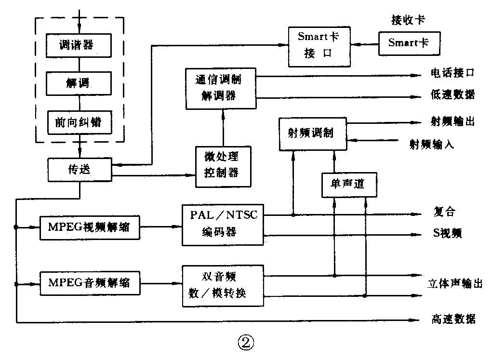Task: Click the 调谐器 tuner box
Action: click(x=79, y=45)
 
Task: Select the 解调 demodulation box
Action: click(x=79, y=83)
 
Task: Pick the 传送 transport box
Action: click(x=80, y=170)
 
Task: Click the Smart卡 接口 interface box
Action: click(x=320, y=47)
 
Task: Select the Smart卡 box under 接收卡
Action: click(x=409, y=43)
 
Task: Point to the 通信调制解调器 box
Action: click(x=221, y=87)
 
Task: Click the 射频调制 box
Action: click(x=313, y=133)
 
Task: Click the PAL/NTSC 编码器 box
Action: click(x=223, y=224)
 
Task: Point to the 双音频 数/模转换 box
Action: click(x=223, y=285)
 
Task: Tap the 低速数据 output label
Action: click(x=452, y=95)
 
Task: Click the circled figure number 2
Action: click(x=245, y=343)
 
